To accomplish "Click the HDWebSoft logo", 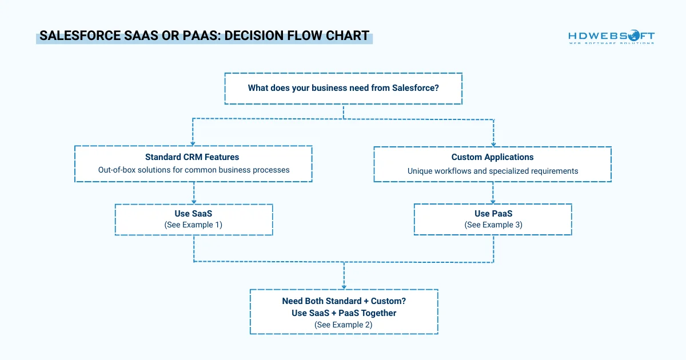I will [x=611, y=38].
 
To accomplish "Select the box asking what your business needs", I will [x=343, y=88].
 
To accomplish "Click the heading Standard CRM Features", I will [x=192, y=157].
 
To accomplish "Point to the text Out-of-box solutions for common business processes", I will [x=193, y=170].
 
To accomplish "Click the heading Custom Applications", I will [x=492, y=157].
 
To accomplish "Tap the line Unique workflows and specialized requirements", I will [x=492, y=171].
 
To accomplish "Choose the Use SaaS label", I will [x=193, y=214].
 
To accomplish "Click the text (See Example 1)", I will [x=193, y=225].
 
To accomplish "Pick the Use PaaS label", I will [x=492, y=214].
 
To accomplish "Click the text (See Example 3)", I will [x=492, y=225].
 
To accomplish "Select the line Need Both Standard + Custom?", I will [x=344, y=301].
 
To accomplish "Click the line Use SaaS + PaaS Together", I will [x=344, y=313].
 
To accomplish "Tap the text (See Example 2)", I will [x=344, y=324].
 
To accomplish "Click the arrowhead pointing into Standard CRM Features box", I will [x=193, y=143].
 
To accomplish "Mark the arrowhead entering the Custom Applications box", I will [x=493, y=143].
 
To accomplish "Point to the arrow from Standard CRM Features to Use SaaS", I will [x=194, y=193].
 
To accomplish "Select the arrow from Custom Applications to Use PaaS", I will [x=493, y=193].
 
